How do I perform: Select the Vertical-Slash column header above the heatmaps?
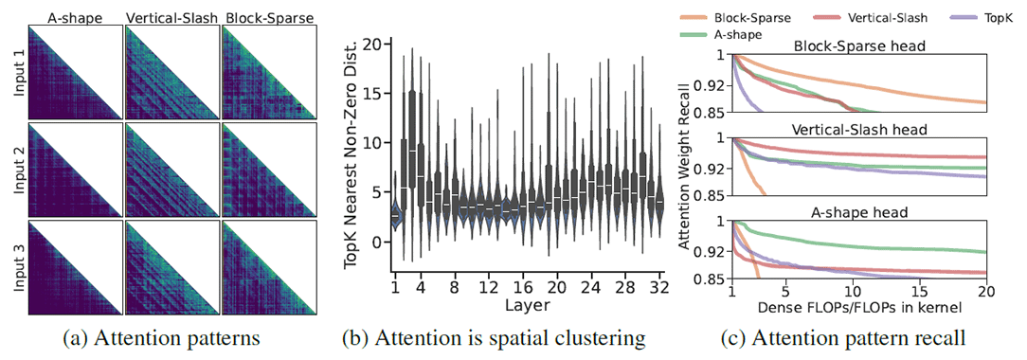click(x=171, y=14)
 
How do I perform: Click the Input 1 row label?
click(x=14, y=68)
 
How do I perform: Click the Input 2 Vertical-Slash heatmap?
click(x=171, y=167)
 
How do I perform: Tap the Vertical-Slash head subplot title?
click(x=860, y=130)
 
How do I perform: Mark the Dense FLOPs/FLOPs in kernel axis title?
click(x=860, y=309)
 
